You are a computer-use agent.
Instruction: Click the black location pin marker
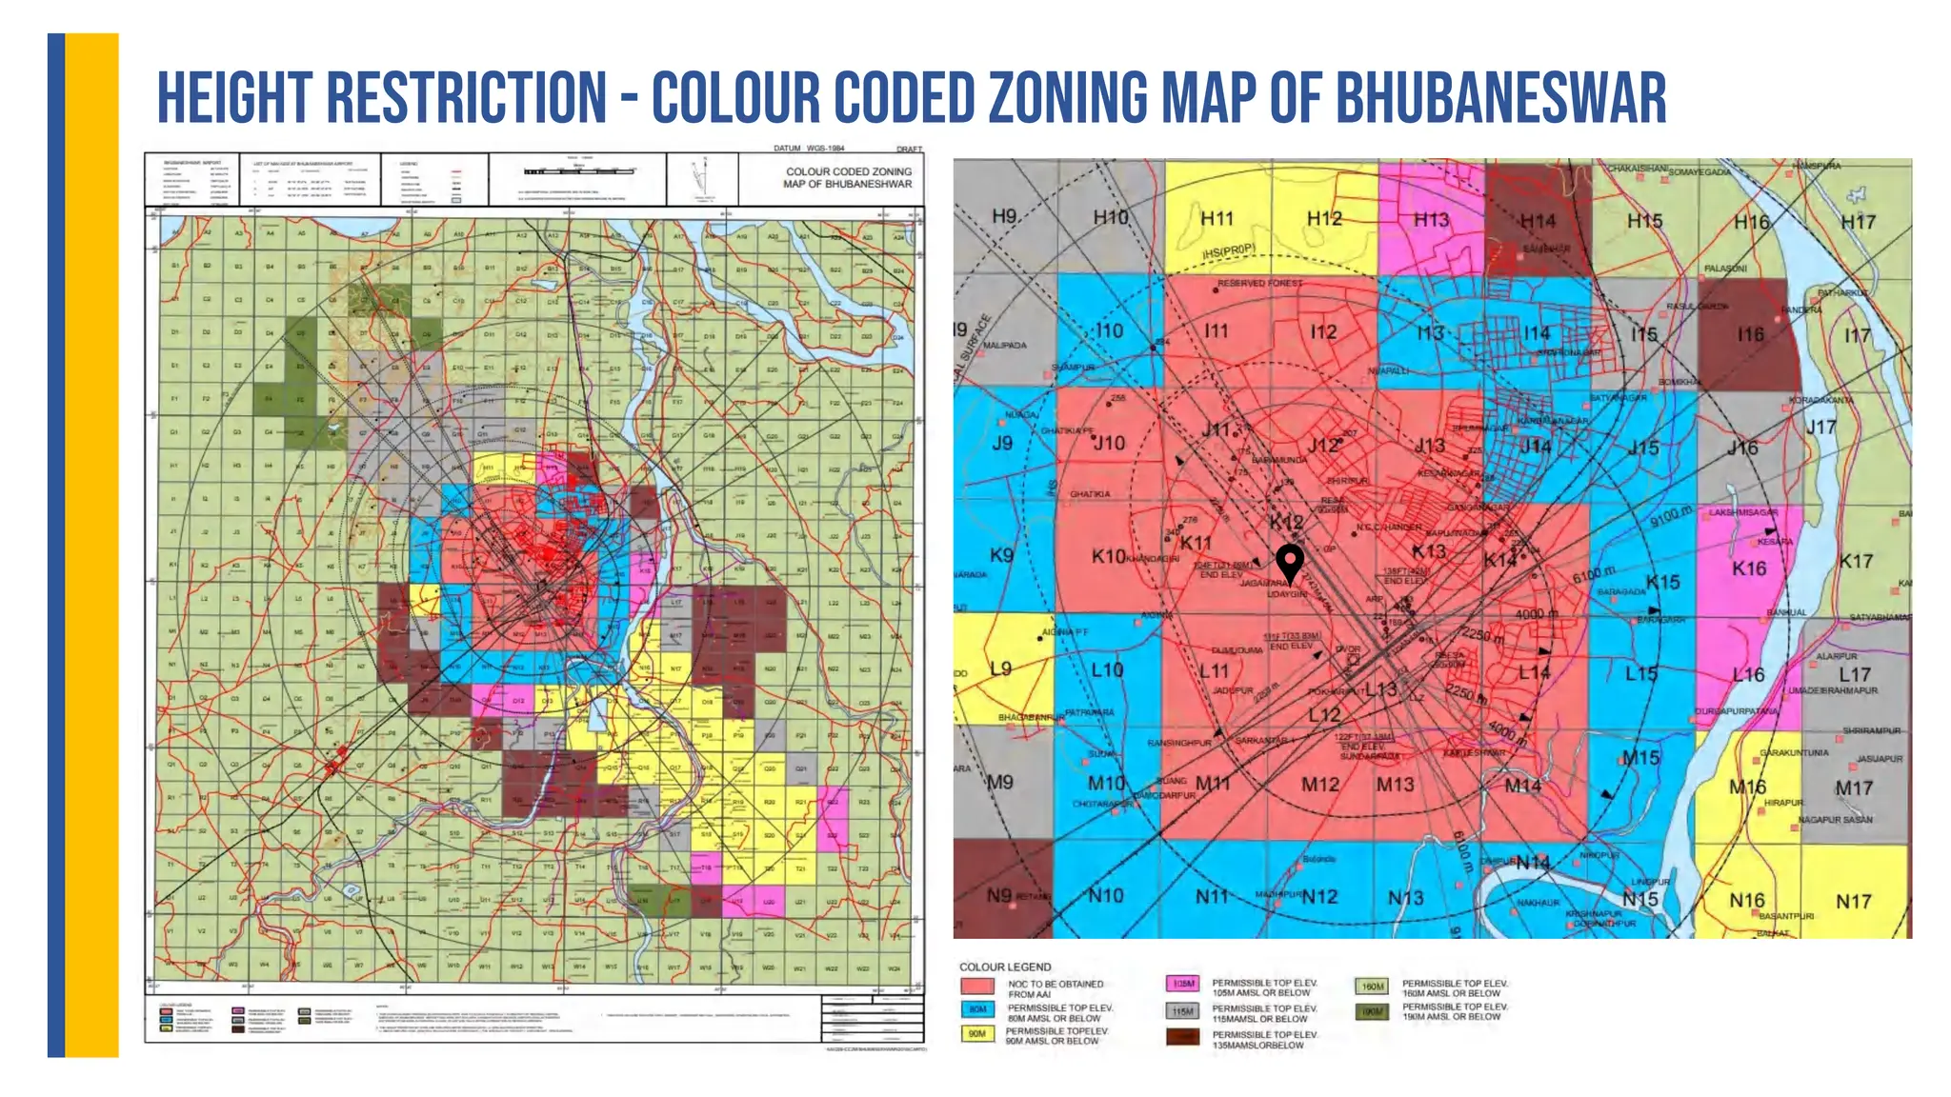pos(1289,562)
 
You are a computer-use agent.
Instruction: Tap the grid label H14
pos(1538,221)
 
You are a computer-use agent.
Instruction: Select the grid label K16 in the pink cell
pos(1749,568)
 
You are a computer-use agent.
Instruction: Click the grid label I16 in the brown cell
pos(1750,334)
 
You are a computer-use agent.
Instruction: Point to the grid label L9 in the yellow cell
pos(1000,668)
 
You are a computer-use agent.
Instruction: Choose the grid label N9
pos(998,895)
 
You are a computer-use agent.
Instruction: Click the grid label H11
pos(1217,219)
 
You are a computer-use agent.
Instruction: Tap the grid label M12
pos(1320,785)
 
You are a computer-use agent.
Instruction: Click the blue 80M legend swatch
pos(977,1009)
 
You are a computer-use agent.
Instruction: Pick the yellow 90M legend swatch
pos(977,1033)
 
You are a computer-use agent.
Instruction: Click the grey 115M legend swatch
pos(1182,1010)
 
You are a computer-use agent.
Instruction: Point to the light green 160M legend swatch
pos(1372,987)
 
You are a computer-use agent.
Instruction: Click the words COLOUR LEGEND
pos(1005,967)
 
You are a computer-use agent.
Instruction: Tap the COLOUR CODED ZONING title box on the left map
pos(847,178)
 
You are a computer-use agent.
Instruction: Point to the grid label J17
pos(1821,427)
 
